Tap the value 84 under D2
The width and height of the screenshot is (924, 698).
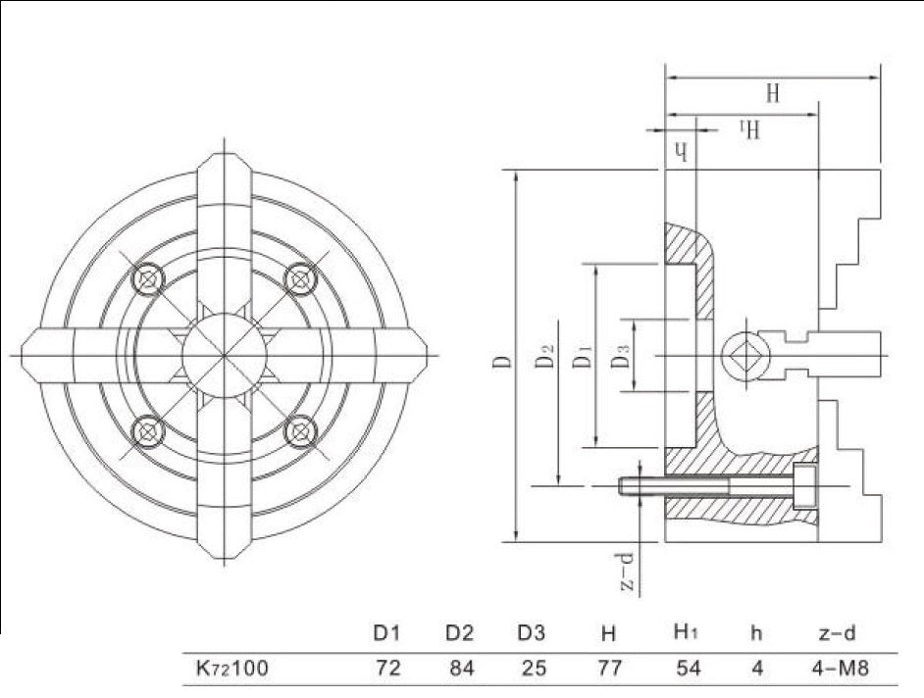pyautogui.click(x=459, y=671)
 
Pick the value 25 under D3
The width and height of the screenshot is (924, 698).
pyautogui.click(x=534, y=671)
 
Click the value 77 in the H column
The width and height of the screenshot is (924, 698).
pyautogui.click(x=608, y=671)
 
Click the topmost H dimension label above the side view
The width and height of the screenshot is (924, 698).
pyautogui.click(x=773, y=95)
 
